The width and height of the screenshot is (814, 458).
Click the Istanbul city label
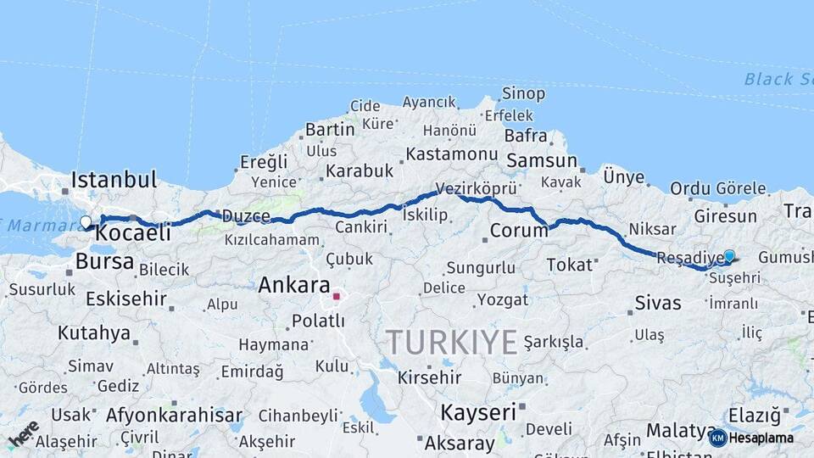[114, 180]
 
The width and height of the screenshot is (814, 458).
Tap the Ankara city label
[293, 285]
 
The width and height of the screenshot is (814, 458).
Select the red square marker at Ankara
[336, 296]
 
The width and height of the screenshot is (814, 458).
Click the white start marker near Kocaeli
[86, 222]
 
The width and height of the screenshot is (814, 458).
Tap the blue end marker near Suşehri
[729, 255]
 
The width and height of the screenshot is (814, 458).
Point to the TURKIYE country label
[451, 342]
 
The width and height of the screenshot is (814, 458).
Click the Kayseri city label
[477, 413]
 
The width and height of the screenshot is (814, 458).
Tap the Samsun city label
[541, 160]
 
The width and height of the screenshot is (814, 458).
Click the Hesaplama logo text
[761, 438]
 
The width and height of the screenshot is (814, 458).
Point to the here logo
[23, 433]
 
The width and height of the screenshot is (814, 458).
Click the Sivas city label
[657, 302]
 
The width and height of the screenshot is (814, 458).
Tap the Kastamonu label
[451, 154]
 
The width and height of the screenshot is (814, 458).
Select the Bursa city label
[104, 260]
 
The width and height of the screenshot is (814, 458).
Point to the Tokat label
[569, 265]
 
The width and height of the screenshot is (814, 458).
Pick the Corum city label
[519, 231]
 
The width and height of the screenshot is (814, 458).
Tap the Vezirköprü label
[476, 187]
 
